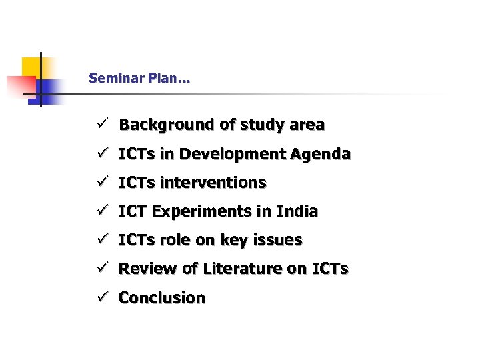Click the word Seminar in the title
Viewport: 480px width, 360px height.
coord(111,79)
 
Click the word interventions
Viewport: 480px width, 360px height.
coord(213,183)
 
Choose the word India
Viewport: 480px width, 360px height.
coord(299,211)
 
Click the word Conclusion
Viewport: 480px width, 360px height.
coord(162,298)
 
